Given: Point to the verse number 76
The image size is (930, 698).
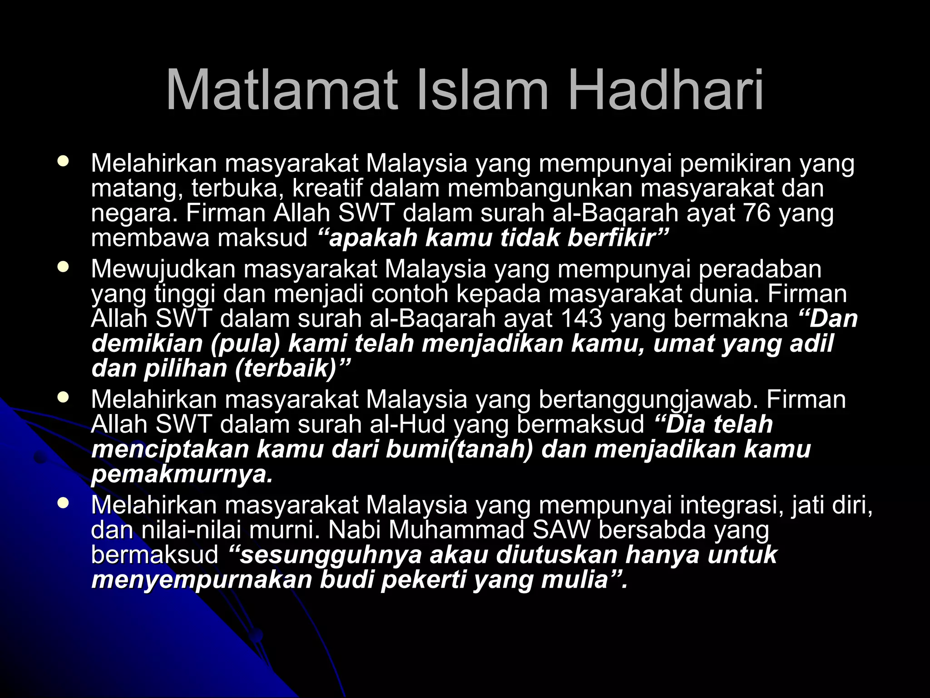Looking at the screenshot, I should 757,213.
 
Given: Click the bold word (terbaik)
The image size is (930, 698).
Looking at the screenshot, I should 286,368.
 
